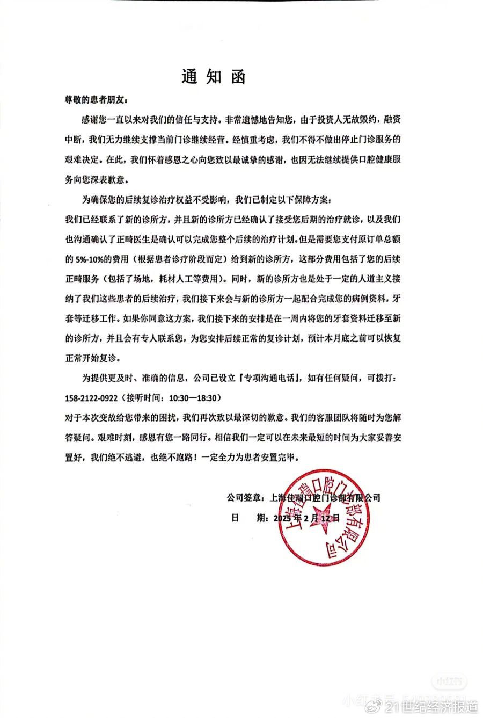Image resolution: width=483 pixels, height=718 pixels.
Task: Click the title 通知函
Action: (x=213, y=77)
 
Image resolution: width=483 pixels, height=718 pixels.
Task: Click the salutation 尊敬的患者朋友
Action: (x=95, y=100)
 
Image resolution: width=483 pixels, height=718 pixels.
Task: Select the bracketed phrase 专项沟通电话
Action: (x=265, y=379)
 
